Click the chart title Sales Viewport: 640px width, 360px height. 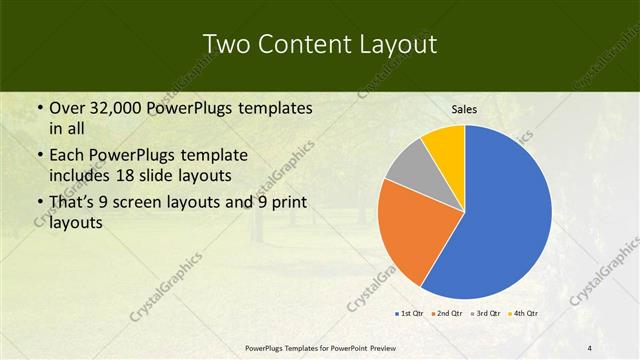[464, 109]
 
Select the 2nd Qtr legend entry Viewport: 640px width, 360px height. [446, 314]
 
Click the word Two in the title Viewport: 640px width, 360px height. [228, 45]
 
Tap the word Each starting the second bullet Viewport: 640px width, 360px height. [68, 156]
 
